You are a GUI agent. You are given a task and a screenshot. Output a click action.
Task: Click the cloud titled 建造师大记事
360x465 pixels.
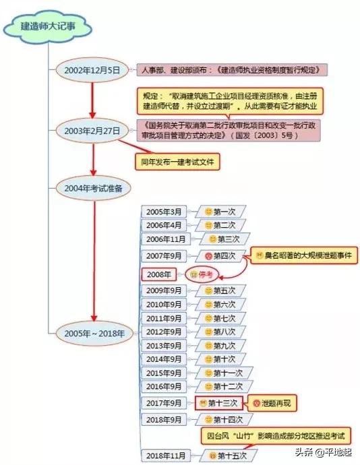click(47, 27)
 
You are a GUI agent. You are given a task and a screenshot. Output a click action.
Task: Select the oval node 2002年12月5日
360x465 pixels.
click(92, 70)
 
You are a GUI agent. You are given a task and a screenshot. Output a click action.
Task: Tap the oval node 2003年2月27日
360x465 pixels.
click(92, 131)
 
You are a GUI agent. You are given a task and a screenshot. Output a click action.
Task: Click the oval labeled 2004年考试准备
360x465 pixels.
click(94, 188)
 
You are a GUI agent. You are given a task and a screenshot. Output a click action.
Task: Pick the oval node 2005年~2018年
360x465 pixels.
click(94, 334)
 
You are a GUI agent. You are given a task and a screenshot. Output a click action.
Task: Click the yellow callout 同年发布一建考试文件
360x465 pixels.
click(177, 162)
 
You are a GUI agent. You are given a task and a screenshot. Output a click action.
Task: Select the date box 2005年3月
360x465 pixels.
click(164, 212)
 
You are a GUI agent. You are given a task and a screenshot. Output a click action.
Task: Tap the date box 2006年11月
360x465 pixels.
click(166, 239)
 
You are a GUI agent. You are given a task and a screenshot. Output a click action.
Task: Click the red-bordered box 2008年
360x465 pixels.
click(159, 274)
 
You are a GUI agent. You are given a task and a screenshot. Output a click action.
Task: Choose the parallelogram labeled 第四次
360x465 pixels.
click(220, 255)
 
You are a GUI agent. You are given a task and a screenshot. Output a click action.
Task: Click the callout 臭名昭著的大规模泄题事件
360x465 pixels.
click(304, 255)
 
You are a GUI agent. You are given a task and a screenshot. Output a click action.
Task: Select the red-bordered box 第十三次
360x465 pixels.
click(219, 403)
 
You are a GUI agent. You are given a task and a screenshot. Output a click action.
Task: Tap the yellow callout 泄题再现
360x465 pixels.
click(272, 403)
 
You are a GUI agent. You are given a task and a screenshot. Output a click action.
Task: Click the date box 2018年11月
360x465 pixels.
click(166, 456)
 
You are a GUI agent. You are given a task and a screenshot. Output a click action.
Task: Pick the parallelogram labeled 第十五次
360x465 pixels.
click(229, 456)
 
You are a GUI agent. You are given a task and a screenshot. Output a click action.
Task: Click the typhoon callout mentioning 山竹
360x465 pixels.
click(276, 435)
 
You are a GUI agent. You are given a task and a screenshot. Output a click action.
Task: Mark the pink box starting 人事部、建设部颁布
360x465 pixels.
click(232, 70)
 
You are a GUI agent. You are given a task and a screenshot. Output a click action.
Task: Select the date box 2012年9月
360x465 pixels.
click(164, 332)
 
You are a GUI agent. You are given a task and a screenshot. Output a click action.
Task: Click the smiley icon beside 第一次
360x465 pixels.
click(208, 212)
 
